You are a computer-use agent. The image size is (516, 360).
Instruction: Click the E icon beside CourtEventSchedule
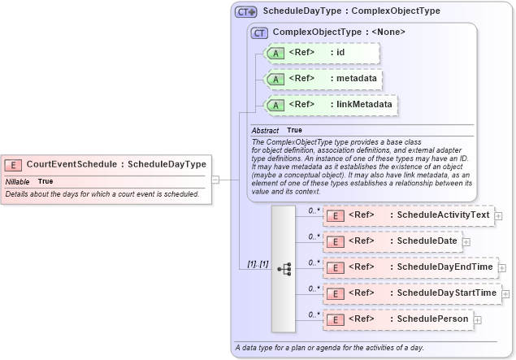pos(15,164)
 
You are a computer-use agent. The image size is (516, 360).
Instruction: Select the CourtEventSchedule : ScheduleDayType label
pos(116,164)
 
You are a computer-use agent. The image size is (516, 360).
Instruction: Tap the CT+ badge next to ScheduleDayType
pos(245,12)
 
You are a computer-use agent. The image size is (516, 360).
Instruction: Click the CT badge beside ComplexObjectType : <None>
pos(260,33)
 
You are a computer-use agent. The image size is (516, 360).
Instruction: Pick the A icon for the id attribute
pos(275,54)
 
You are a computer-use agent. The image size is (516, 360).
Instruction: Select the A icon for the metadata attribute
pos(275,79)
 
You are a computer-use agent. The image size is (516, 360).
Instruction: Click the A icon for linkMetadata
pos(275,105)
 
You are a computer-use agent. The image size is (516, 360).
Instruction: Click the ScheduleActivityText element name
pos(443,215)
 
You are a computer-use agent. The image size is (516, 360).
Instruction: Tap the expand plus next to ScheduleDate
pos(466,241)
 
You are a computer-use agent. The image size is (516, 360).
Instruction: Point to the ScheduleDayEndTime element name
pos(444,267)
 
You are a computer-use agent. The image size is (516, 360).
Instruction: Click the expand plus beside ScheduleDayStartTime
pos(505,293)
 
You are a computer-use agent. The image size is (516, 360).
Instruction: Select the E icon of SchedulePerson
pos(335,319)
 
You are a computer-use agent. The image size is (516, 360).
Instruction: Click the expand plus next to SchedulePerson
pos(477,319)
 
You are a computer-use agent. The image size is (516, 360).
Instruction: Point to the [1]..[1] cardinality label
pos(258,264)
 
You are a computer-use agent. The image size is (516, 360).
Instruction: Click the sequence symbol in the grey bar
pos(284,267)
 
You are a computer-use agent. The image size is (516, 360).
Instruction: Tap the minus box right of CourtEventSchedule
pos(216,179)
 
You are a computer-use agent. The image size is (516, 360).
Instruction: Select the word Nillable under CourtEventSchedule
pos(17,181)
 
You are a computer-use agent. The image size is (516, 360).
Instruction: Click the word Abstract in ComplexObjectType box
pos(265,130)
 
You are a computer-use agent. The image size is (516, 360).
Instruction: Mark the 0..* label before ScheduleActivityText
pos(315,210)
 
